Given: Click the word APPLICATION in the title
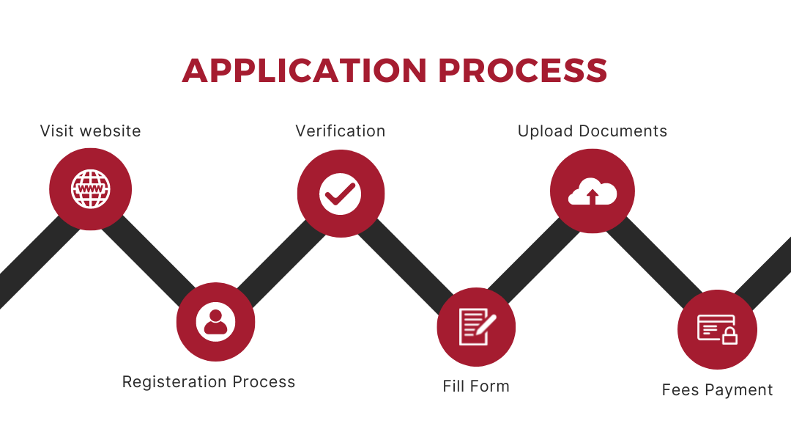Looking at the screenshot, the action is pyautogui.click(x=305, y=70).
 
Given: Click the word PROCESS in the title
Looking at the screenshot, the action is pyautogui.click(x=523, y=70).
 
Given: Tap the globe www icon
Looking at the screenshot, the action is pyautogui.click(x=90, y=189).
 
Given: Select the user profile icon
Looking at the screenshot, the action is pyautogui.click(x=215, y=322).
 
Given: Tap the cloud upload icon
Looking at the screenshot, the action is pyautogui.click(x=593, y=191).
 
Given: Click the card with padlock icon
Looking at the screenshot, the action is pyautogui.click(x=717, y=329).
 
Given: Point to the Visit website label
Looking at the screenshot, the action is pyautogui.click(x=90, y=131).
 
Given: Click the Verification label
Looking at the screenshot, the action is pyautogui.click(x=340, y=131).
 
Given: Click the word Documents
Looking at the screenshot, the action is pyautogui.click(x=623, y=131).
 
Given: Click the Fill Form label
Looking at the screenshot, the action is pyautogui.click(x=476, y=386).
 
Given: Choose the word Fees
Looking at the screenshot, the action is pyautogui.click(x=680, y=390).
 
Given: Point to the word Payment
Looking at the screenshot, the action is pyautogui.click(x=738, y=390).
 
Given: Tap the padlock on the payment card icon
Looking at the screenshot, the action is pyautogui.click(x=729, y=335).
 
